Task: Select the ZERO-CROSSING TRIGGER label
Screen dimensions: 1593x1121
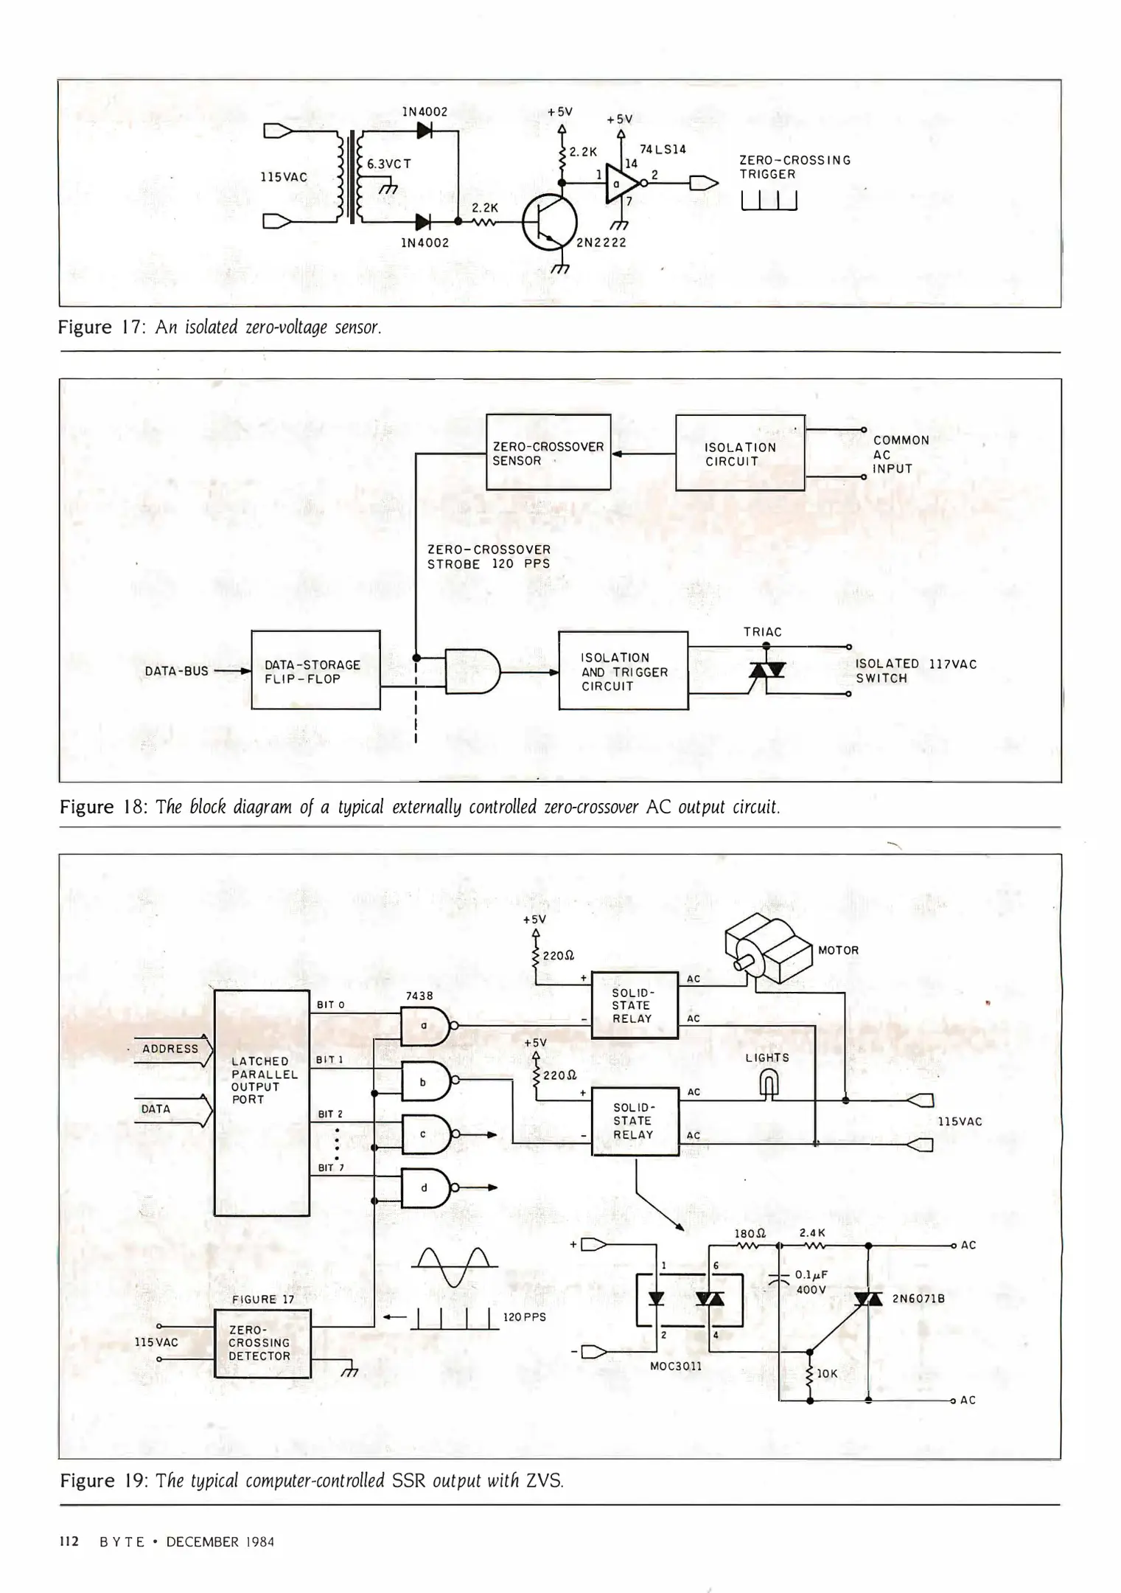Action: coord(795,167)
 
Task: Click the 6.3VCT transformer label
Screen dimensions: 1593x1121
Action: coord(389,164)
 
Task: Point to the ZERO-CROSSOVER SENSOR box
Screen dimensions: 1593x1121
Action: coord(548,452)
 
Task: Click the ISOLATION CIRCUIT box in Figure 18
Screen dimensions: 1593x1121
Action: coord(740,453)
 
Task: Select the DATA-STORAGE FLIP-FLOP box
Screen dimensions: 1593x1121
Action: coord(315,670)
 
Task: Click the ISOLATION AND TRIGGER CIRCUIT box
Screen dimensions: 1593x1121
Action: coord(623,670)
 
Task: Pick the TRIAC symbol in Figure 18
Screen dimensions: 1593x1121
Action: coord(766,670)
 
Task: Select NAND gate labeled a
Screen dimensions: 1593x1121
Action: coord(425,1026)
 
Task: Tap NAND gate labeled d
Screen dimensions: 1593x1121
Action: coord(425,1187)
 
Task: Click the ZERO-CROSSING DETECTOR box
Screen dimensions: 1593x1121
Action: coord(262,1343)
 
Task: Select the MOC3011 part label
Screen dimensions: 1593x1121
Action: coord(675,1366)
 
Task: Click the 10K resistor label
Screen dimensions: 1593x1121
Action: coord(827,1373)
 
